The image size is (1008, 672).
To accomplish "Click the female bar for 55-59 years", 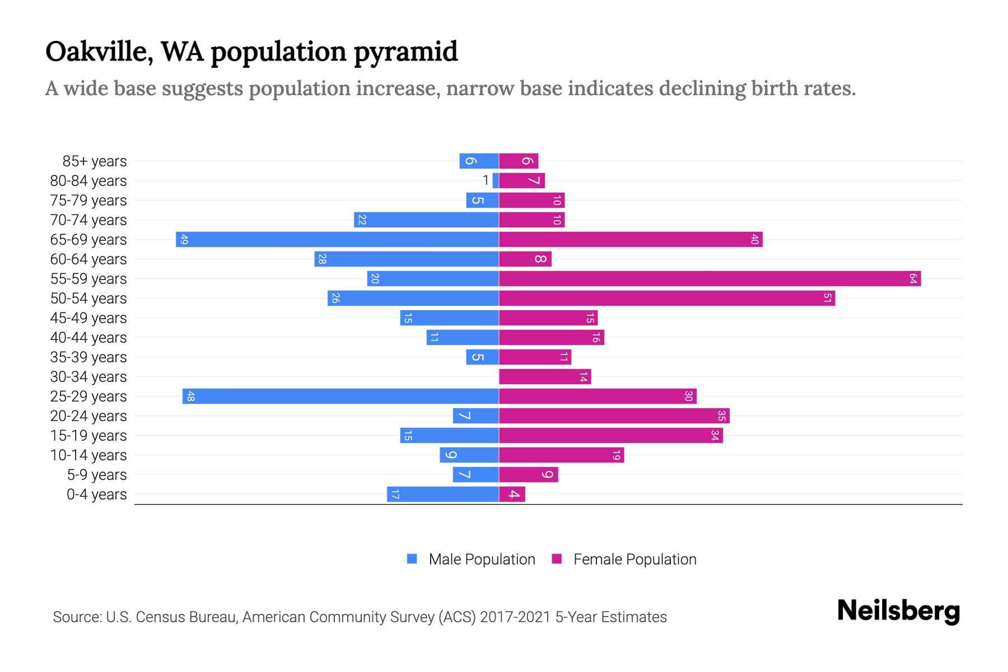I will (710, 278).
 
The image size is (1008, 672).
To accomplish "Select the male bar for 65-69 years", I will (337, 239).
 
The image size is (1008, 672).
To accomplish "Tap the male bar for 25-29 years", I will (340, 396).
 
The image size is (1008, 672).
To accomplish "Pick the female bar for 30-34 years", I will (544, 376).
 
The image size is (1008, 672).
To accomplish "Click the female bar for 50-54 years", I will (666, 298).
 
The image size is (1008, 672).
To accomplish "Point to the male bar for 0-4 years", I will (442, 494).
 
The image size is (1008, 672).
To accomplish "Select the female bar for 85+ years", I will (519, 161).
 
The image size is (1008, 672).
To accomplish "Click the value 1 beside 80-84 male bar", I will (486, 180).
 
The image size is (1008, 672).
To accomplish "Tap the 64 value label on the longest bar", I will (913, 278).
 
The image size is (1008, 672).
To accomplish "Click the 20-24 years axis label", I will (88, 416).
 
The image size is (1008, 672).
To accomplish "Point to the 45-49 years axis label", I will (88, 318).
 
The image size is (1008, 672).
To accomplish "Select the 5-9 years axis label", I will (97, 475).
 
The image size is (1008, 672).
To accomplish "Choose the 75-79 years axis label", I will (88, 200).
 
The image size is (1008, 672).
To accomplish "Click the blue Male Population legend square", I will (412, 559).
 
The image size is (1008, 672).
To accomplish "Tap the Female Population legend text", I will (634, 559).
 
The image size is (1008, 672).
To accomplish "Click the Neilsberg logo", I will (898, 610).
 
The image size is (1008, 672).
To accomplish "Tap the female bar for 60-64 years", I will (525, 259).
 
